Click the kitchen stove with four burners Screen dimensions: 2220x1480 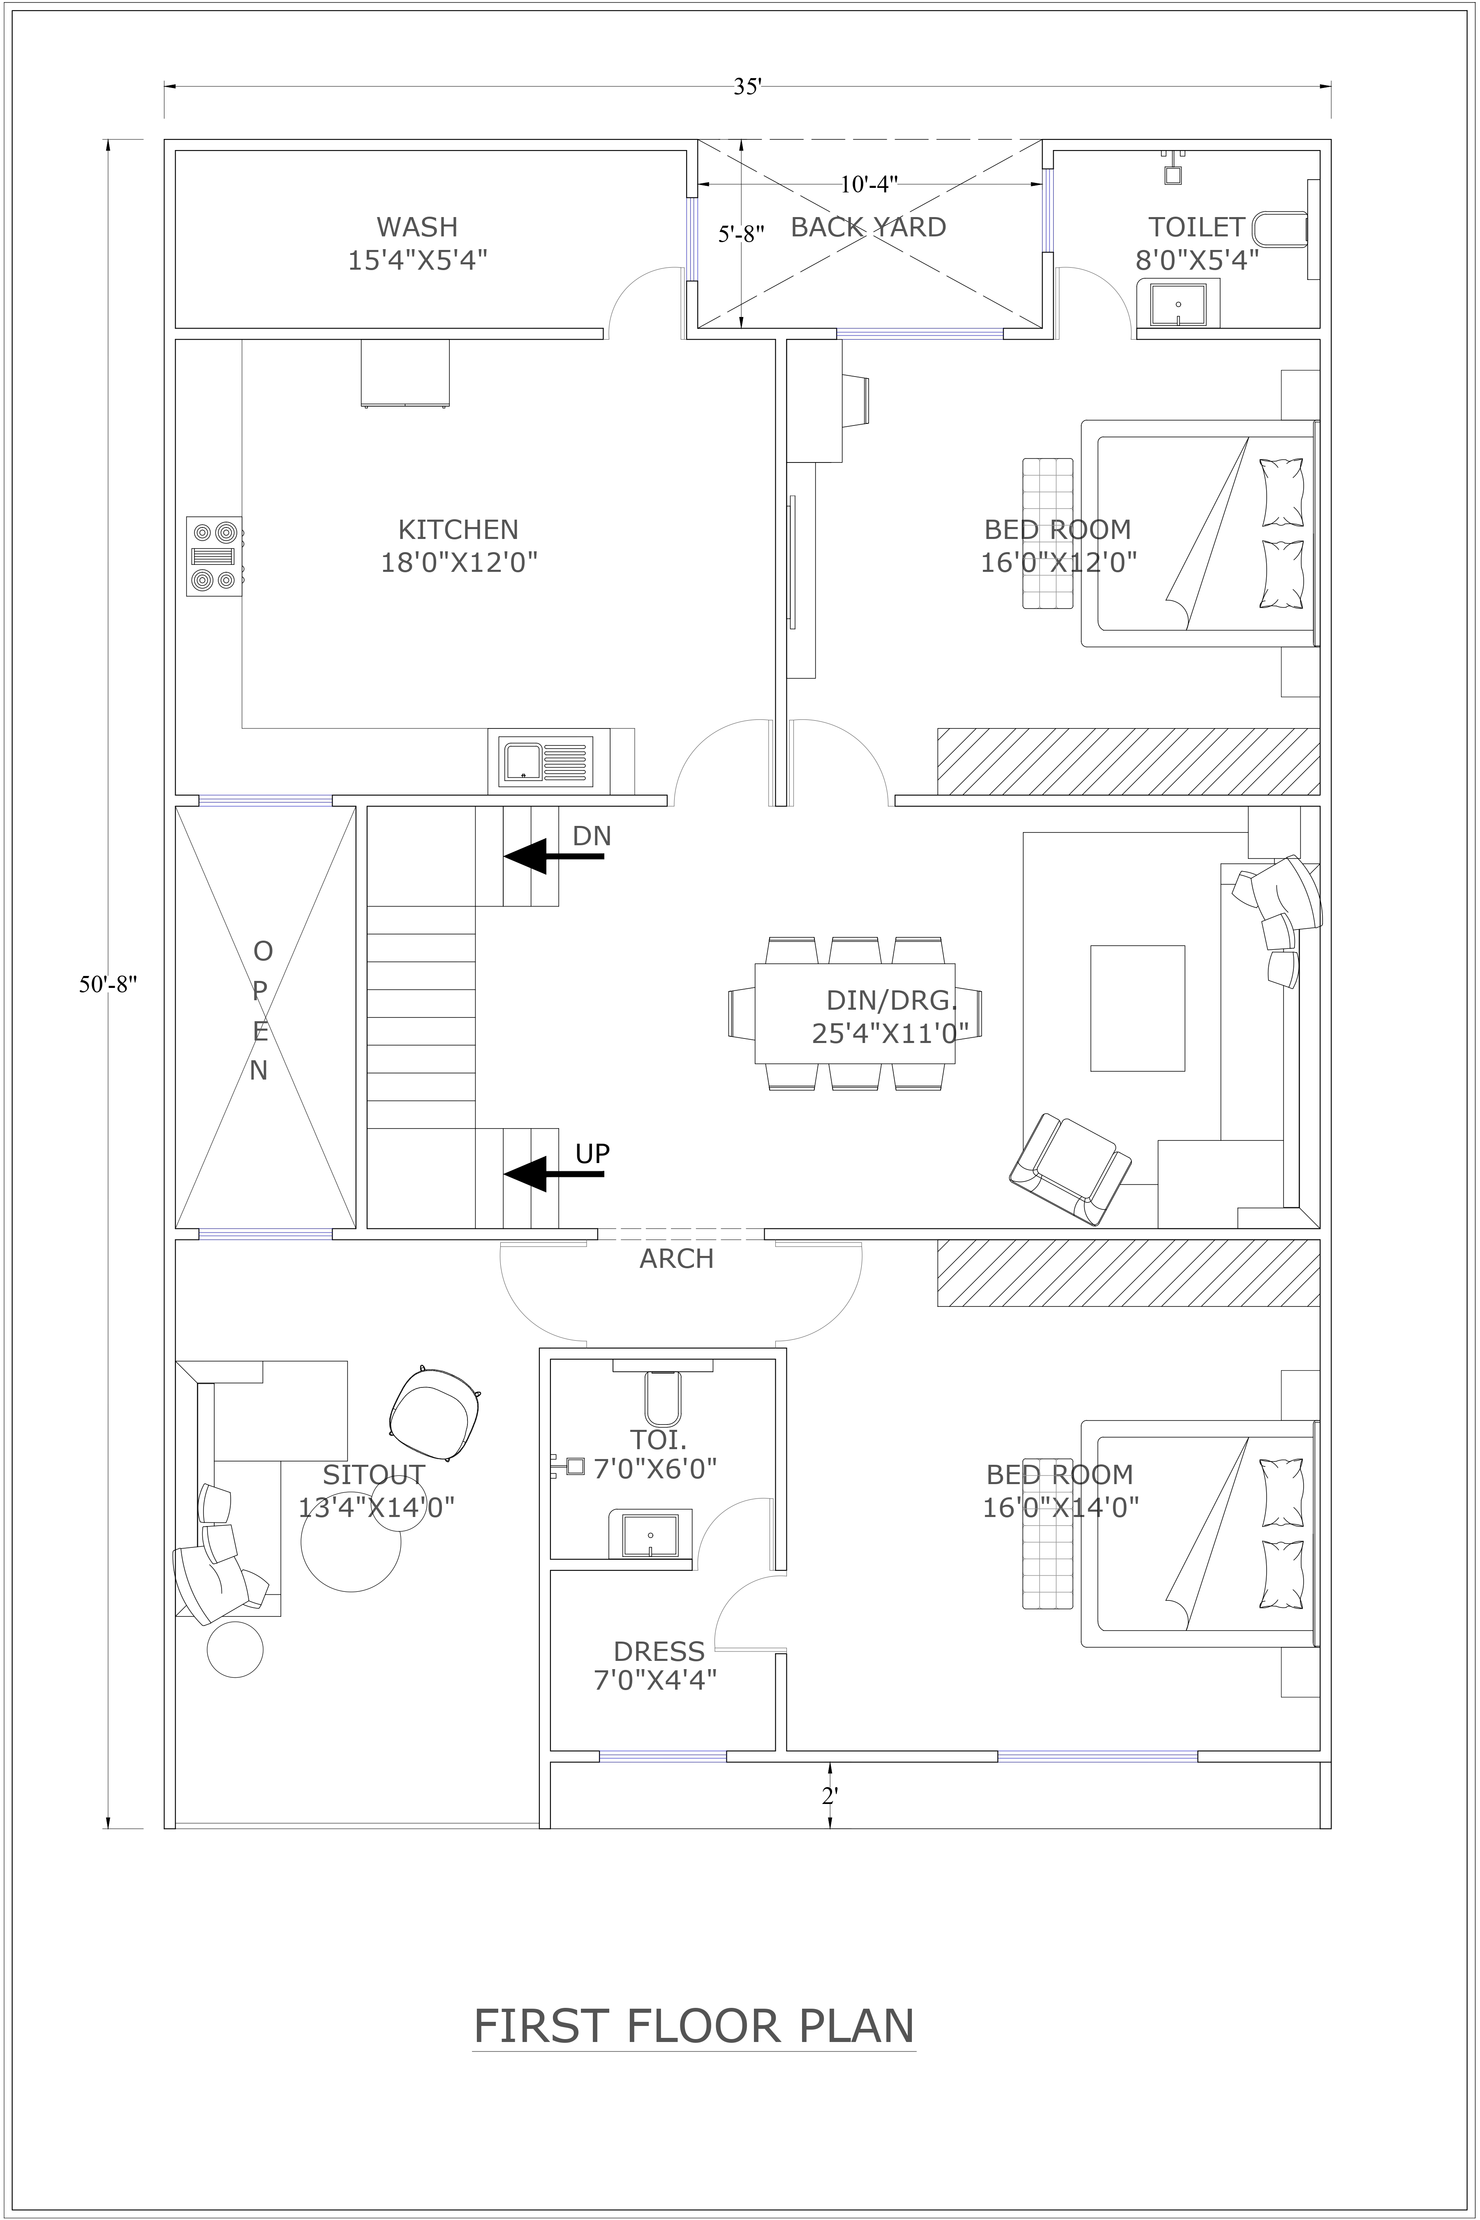click(x=213, y=556)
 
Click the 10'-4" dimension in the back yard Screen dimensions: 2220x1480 click(x=868, y=184)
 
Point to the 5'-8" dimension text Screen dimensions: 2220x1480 click(x=741, y=234)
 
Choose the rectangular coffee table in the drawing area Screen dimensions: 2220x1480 click(x=1138, y=1008)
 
